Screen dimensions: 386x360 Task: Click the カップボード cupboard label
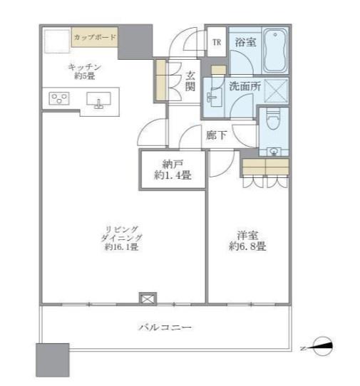pos(96,36)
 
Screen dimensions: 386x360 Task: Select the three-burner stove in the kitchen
pos(58,98)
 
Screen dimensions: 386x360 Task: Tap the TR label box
pos(216,42)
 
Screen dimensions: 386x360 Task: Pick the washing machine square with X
pos(275,90)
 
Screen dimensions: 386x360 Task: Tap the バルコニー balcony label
pos(165,327)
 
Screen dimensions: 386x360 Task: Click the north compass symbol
pos(322,347)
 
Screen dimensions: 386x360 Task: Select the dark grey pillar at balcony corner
pos(53,360)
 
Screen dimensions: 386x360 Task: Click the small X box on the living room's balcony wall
pos(147,299)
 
